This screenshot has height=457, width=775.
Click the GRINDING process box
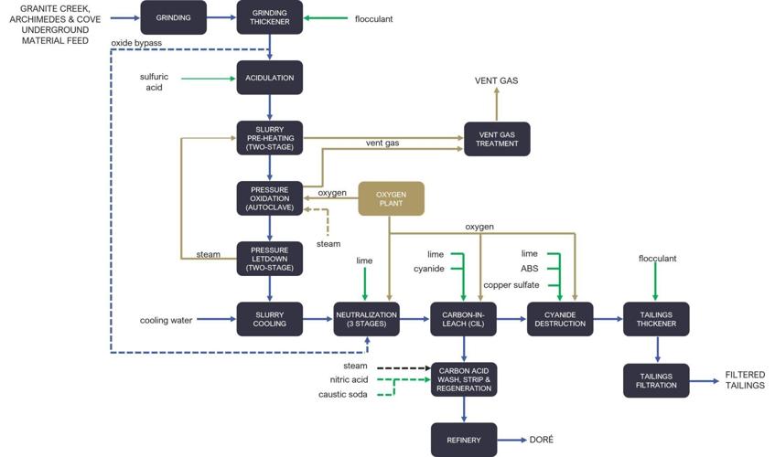[173, 17]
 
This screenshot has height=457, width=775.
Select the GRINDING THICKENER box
[269, 17]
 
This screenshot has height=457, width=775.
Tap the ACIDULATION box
[269, 78]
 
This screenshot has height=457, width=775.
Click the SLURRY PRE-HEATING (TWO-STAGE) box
[269, 138]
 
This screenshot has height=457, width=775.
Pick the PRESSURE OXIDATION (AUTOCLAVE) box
[269, 198]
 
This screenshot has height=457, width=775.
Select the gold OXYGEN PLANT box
[391, 198]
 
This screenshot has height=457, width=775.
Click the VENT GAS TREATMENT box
[497, 138]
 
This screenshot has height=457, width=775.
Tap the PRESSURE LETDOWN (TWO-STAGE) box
[269, 259]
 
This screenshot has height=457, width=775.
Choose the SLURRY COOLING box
[269, 319]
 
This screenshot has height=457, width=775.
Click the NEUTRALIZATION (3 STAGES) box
[366, 319]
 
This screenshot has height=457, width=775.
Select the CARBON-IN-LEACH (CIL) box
[463, 319]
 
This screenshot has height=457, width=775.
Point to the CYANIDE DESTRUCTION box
[560, 319]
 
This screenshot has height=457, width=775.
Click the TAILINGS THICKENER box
[656, 319]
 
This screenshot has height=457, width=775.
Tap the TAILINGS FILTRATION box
[656, 379]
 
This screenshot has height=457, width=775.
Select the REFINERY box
[463, 440]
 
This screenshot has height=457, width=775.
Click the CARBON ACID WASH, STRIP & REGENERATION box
[463, 379]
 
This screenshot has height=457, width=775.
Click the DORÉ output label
[541, 440]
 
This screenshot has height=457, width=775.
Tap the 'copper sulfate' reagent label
[511, 285]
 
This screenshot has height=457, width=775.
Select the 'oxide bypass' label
[136, 42]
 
